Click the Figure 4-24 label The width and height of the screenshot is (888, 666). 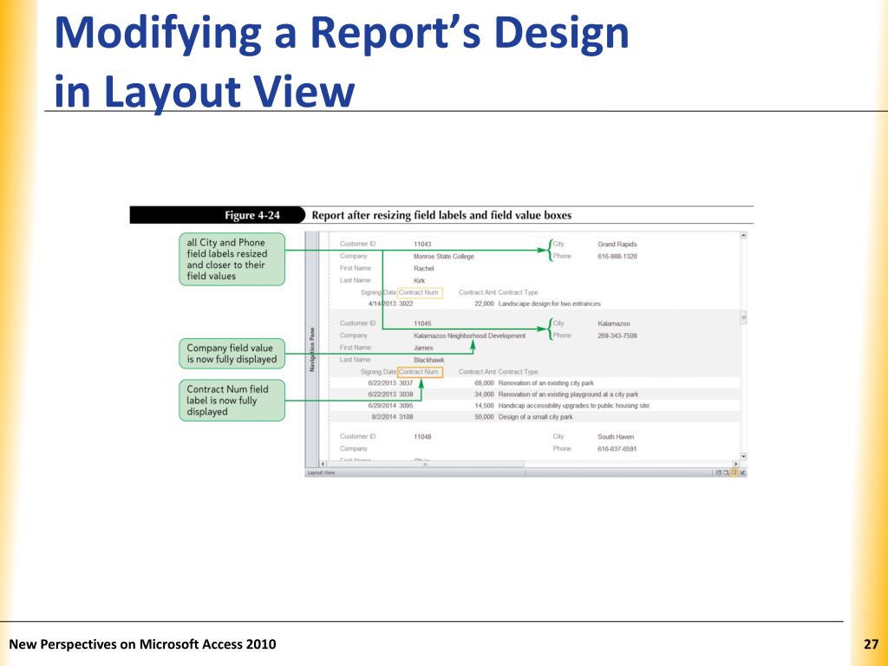coord(252,215)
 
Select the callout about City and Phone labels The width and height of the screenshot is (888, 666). coord(232,259)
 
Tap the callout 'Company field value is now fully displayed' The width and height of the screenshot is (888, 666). coord(232,354)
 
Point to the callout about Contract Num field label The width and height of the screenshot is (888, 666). coord(232,401)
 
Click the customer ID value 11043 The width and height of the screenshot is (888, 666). coord(422,245)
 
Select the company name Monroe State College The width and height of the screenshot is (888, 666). coord(443,257)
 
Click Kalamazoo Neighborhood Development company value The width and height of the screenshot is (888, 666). coord(469,336)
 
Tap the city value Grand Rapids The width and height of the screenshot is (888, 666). coord(617,245)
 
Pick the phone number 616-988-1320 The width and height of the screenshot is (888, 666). coord(617,257)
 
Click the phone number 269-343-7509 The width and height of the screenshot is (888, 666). coord(617,336)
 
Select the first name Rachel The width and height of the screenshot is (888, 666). coord(423,269)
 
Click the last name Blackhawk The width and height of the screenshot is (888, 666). coord(428,360)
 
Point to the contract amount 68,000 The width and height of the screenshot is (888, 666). coord(484,382)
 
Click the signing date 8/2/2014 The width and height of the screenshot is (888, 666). coord(382,416)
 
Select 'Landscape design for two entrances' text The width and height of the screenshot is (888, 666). coord(549,304)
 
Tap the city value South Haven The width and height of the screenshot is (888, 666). coord(616,437)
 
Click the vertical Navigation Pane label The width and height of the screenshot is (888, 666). coord(311,350)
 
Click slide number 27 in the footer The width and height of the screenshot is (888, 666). coord(872,644)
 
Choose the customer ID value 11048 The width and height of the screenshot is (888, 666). coord(422,437)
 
